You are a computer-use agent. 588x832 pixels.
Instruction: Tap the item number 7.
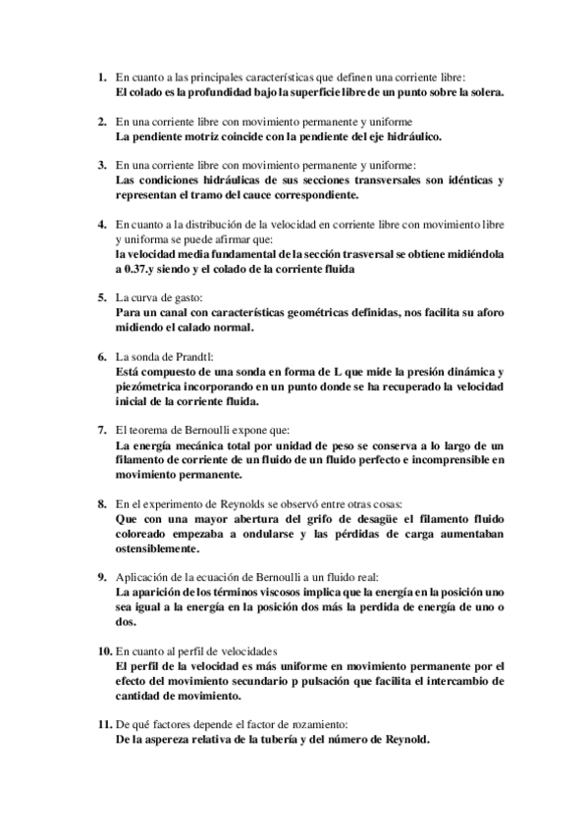coord(101,429)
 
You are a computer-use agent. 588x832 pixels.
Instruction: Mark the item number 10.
coord(105,650)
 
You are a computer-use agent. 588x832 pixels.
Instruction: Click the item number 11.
coord(105,724)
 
